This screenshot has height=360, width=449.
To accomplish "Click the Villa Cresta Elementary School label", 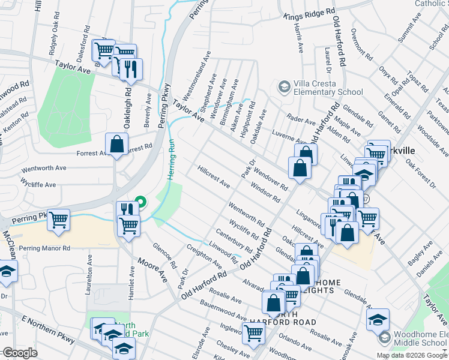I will (x=327, y=88).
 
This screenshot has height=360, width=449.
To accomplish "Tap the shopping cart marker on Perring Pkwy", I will (x=58, y=221).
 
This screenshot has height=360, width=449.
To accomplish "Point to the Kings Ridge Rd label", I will (x=309, y=12).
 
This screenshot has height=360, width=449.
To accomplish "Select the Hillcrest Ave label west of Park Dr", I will (x=213, y=173).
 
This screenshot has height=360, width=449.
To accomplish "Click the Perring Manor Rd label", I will (x=44, y=248).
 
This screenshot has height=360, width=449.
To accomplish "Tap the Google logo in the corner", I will (x=20, y=352).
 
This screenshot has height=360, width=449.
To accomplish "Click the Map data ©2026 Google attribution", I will (x=411, y=355).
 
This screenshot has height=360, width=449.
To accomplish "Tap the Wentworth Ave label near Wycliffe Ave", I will (x=43, y=169).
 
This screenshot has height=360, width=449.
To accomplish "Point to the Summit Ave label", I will (x=410, y=29).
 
